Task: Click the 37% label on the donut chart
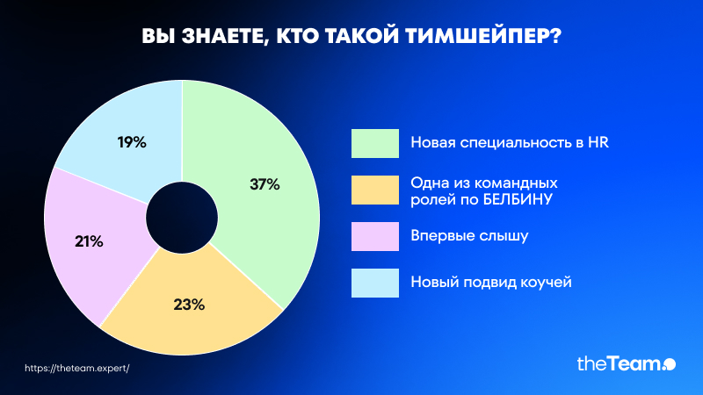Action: tap(265, 184)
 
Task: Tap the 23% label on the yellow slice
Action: tap(189, 305)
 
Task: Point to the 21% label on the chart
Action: tap(89, 242)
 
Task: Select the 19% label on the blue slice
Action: tap(132, 142)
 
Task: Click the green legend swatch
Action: tap(375, 143)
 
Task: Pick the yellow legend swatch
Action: tap(375, 190)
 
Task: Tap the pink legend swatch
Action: tap(375, 236)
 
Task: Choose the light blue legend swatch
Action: tap(375, 283)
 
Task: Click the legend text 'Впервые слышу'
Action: tap(469, 236)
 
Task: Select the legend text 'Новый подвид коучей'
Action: tap(491, 282)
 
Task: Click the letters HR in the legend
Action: tap(598, 142)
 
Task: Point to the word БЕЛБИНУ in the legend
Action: tap(517, 199)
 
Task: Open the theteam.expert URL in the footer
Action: tap(77, 368)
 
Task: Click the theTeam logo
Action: tap(627, 363)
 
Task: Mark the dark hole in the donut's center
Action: tap(182, 218)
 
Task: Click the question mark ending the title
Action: tap(556, 36)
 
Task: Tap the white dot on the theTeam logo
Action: tap(670, 364)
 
